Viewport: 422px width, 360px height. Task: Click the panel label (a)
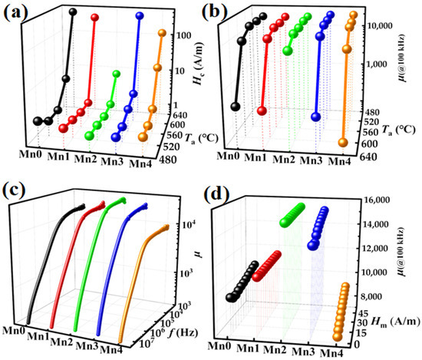pos(17,13)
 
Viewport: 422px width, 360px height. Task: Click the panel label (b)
pos(229,13)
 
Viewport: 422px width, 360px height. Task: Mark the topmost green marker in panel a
pos(116,74)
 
